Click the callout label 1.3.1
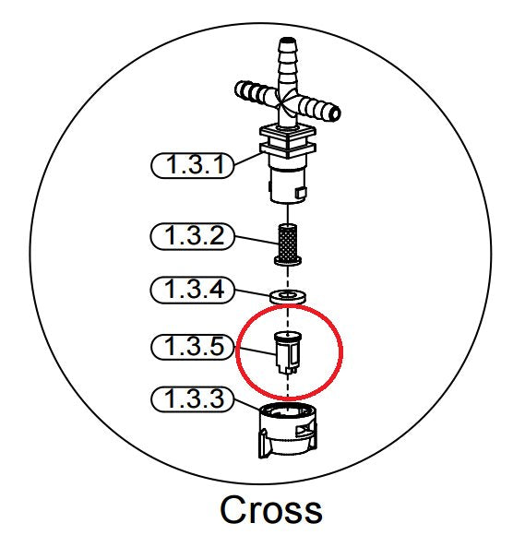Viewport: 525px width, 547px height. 192,165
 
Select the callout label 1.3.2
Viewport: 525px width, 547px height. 192,236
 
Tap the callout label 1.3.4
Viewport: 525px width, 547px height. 192,290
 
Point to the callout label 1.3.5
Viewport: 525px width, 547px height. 193,347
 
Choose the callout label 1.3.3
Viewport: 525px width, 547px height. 193,399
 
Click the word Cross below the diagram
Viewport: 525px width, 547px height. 271,510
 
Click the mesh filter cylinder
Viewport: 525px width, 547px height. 288,241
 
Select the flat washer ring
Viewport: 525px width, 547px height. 288,297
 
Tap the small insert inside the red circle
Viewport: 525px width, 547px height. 288,352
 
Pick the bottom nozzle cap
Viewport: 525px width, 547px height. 288,430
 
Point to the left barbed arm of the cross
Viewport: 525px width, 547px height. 254,91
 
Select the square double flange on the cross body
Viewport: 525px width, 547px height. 288,142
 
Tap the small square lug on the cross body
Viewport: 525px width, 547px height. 301,193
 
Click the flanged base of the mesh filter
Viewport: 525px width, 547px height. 288,260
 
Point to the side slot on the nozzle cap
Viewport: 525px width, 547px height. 304,430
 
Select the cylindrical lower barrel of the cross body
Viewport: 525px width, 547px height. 288,184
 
